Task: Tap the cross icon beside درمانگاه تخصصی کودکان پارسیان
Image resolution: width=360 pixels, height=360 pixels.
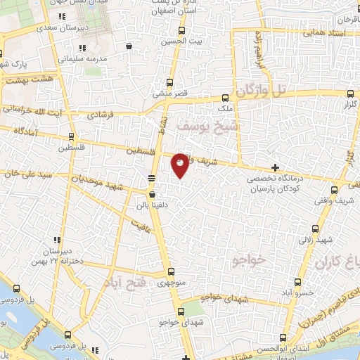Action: click(x=275, y=167)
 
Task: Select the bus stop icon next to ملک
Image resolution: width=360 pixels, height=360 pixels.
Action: click(x=225, y=98)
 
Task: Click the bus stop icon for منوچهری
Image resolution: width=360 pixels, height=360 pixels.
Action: click(x=172, y=271)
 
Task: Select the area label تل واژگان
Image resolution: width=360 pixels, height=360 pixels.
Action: click(x=262, y=91)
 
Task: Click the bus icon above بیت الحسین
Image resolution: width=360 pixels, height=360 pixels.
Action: click(x=181, y=30)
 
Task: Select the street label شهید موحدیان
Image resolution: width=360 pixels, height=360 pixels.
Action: click(x=96, y=182)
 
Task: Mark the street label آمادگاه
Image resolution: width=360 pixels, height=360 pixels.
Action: click(x=20, y=131)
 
